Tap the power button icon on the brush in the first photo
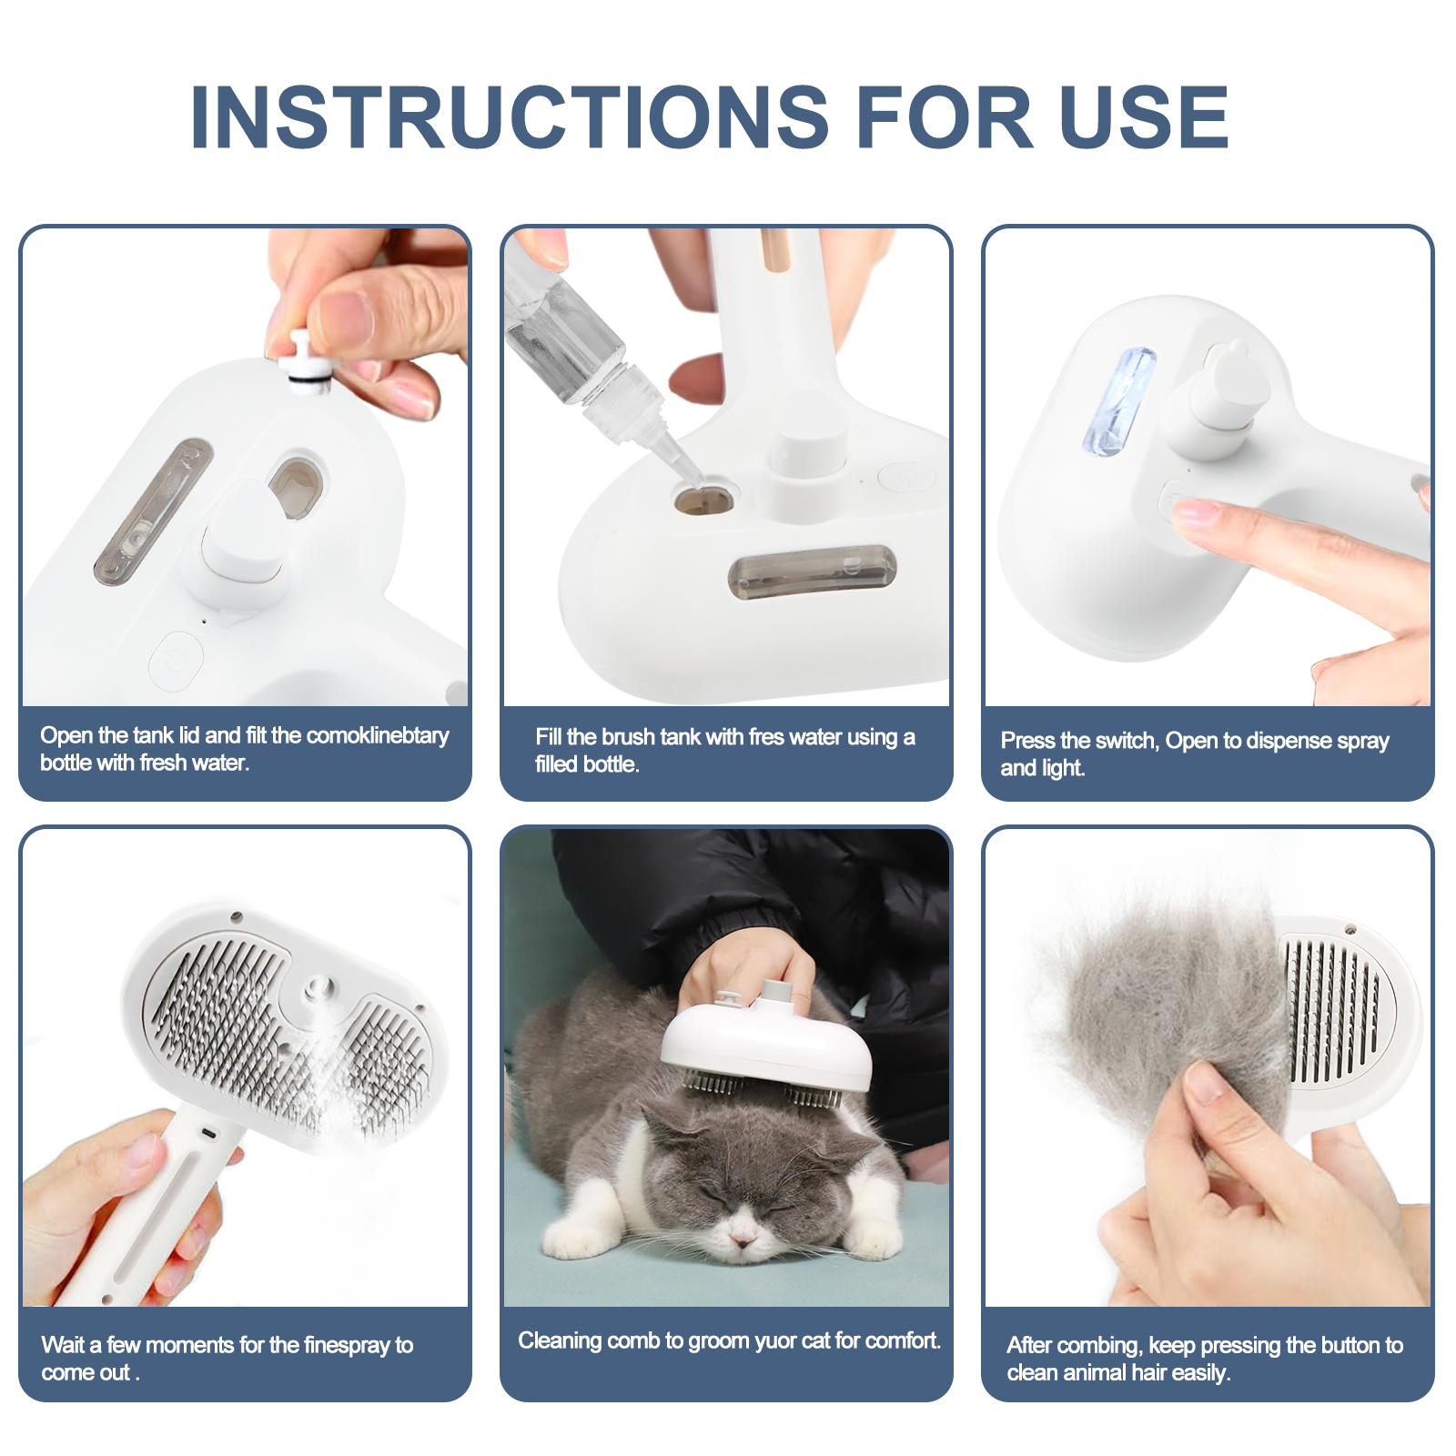[x=176, y=661]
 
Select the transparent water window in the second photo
[x=811, y=572]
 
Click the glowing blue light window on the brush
[x=1119, y=401]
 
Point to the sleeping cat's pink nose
[x=743, y=1239]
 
